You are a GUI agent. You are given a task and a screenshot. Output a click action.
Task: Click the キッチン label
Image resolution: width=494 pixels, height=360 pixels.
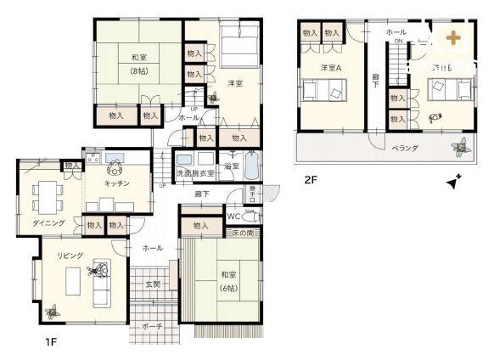click(x=116, y=183)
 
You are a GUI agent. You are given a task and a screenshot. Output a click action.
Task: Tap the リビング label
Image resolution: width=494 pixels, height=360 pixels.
click(x=70, y=255)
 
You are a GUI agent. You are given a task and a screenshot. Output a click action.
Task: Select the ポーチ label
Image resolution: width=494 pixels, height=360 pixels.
click(x=153, y=325)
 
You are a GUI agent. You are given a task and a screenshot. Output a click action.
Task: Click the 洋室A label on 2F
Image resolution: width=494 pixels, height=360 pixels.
click(x=331, y=67)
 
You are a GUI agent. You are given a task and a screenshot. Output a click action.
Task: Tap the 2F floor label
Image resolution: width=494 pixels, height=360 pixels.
click(x=312, y=180)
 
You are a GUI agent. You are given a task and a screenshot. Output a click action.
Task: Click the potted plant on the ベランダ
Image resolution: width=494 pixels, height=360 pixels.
click(x=461, y=148)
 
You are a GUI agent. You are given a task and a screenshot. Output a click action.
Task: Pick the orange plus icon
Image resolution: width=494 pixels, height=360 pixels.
click(x=457, y=37)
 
